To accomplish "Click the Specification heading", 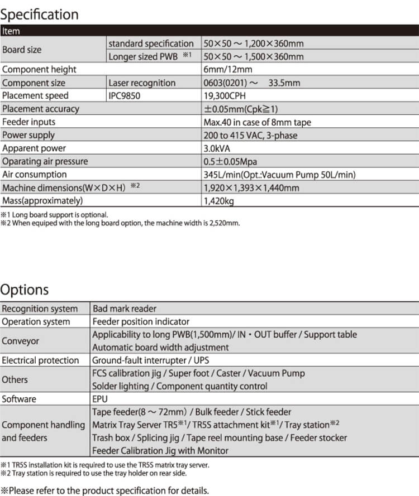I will point(40,14).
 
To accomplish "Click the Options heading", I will point(25,290).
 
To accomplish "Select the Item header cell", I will point(11,31).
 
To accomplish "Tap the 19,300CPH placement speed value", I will point(225,96).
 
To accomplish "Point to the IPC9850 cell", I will point(125,96).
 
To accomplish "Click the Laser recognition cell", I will point(142,83).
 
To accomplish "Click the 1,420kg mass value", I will point(220,200).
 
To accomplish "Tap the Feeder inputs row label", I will point(28,122).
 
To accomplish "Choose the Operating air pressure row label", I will point(45,161).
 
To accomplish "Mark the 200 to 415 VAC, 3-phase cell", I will point(251,135).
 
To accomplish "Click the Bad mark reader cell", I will point(125,309).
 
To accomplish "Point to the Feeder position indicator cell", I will point(141,321).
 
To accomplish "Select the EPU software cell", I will point(100,399).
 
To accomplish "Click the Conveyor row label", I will point(20,341).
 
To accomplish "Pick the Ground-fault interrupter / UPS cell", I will point(151,360).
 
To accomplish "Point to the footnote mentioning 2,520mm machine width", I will point(120,223).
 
